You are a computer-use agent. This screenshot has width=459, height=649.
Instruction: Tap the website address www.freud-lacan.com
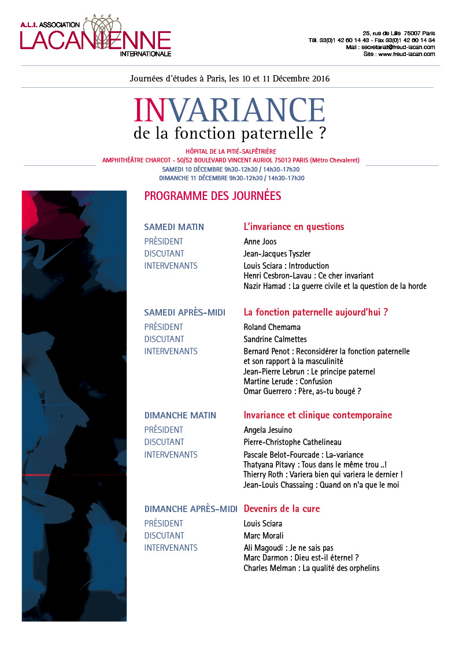[x=406, y=54]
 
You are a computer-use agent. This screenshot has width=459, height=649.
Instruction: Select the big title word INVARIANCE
[x=229, y=110]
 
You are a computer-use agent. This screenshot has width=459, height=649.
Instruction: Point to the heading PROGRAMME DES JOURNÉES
[x=212, y=196]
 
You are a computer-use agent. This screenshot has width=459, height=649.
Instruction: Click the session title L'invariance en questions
[x=294, y=227]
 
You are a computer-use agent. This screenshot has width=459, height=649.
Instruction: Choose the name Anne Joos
[x=260, y=242]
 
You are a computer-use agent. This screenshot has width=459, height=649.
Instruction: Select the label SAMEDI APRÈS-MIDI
[x=184, y=313]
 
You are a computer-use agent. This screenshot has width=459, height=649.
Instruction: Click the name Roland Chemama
[x=272, y=327]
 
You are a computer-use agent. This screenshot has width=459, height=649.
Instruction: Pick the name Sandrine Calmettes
[x=275, y=339]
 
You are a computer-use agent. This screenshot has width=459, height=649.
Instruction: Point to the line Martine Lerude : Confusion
[x=288, y=381]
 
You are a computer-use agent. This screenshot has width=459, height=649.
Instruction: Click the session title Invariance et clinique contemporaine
[x=317, y=416]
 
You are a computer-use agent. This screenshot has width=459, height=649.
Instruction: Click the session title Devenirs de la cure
[x=282, y=509]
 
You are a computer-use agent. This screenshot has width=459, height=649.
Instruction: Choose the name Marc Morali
[x=264, y=536]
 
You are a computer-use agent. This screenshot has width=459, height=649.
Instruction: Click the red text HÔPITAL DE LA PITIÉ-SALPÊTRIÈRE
[x=230, y=151]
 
